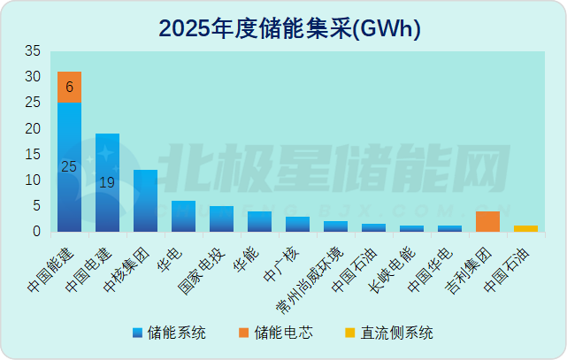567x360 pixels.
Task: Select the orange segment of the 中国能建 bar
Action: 69,87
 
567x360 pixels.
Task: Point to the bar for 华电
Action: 183,216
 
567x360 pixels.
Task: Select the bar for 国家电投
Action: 221,218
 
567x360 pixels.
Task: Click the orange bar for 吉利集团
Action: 487,221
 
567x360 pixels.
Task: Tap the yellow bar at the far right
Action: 525,228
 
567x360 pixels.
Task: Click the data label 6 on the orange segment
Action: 69,87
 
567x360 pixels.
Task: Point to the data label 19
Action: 107,183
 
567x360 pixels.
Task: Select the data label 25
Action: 68,166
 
